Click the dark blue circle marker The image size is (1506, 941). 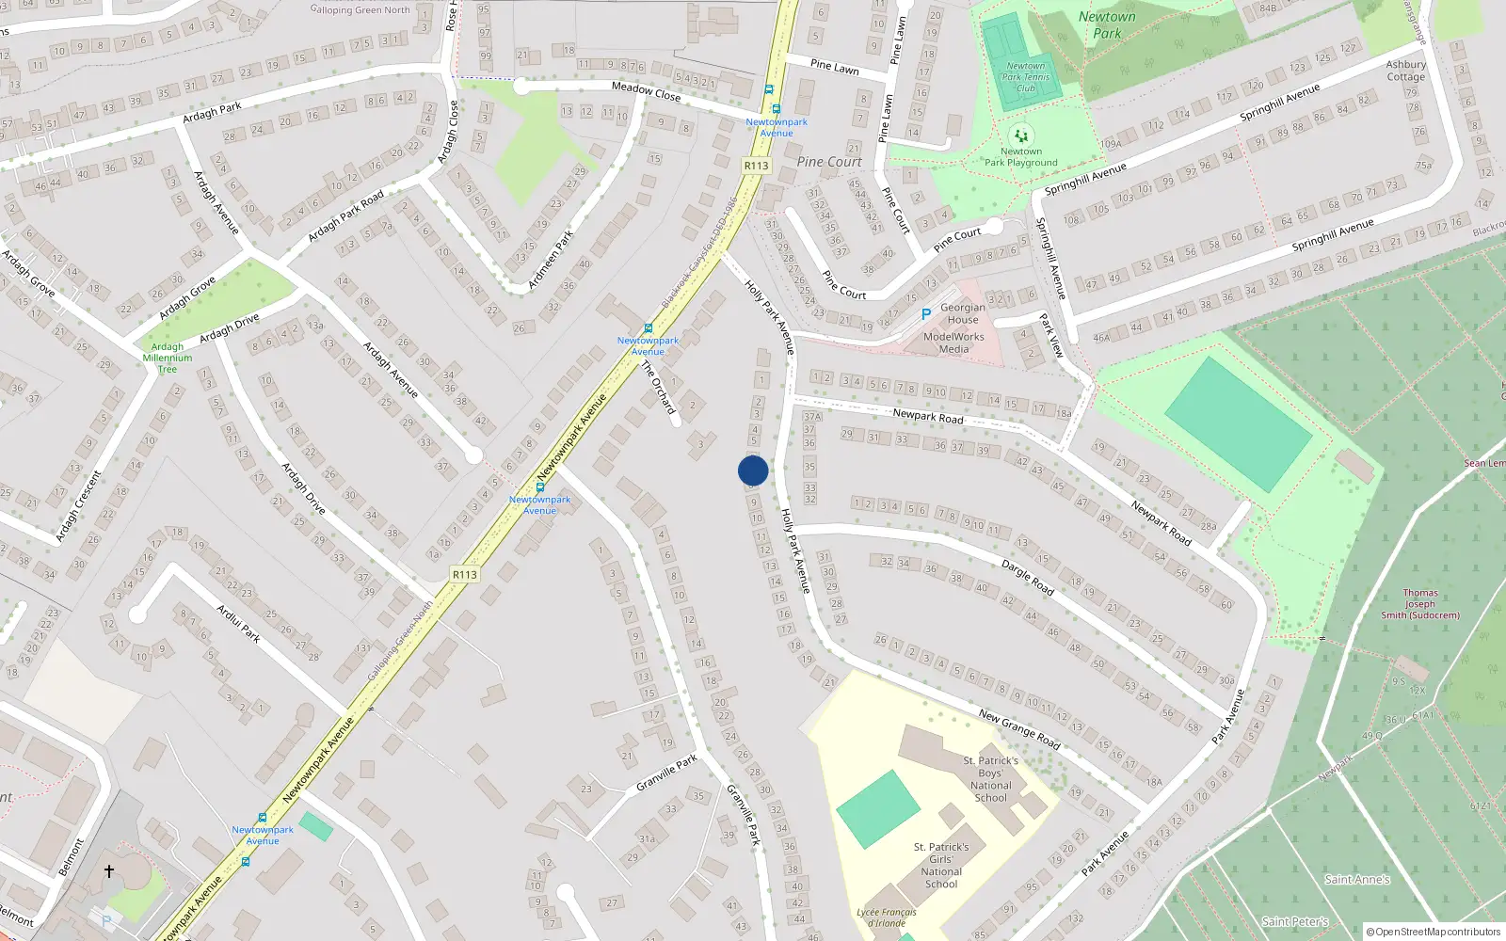point(753,470)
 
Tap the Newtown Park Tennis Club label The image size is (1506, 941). point(1026,77)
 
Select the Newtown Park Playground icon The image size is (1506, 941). point(1021,136)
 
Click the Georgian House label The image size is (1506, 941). point(963,313)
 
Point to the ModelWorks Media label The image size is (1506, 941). point(953,343)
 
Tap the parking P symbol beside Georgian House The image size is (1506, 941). point(925,314)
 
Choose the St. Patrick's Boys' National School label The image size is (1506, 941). point(990,778)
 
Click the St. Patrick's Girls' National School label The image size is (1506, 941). point(941,865)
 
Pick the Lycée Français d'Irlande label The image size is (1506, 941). point(886,917)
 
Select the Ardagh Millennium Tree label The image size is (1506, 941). point(168,358)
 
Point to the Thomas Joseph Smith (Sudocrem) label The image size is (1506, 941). point(1420,604)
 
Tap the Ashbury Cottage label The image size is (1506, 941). point(1405,71)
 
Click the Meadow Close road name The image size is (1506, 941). point(646,91)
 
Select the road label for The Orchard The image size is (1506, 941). point(659,387)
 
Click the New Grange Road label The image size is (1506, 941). point(1019,729)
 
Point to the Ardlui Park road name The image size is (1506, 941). point(238,624)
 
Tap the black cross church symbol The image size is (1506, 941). point(109,871)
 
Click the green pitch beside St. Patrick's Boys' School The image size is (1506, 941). point(877,808)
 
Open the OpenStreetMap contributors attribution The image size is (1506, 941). point(1434,932)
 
